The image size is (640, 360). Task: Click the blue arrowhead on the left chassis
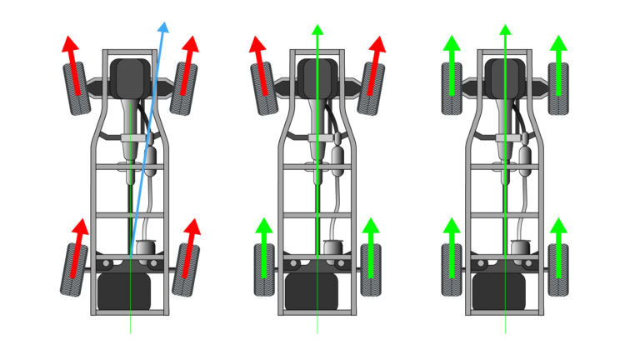pos(163,28)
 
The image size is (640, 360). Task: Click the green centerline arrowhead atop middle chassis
pos(317,31)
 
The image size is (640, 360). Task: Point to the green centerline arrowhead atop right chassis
pos(504,31)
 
